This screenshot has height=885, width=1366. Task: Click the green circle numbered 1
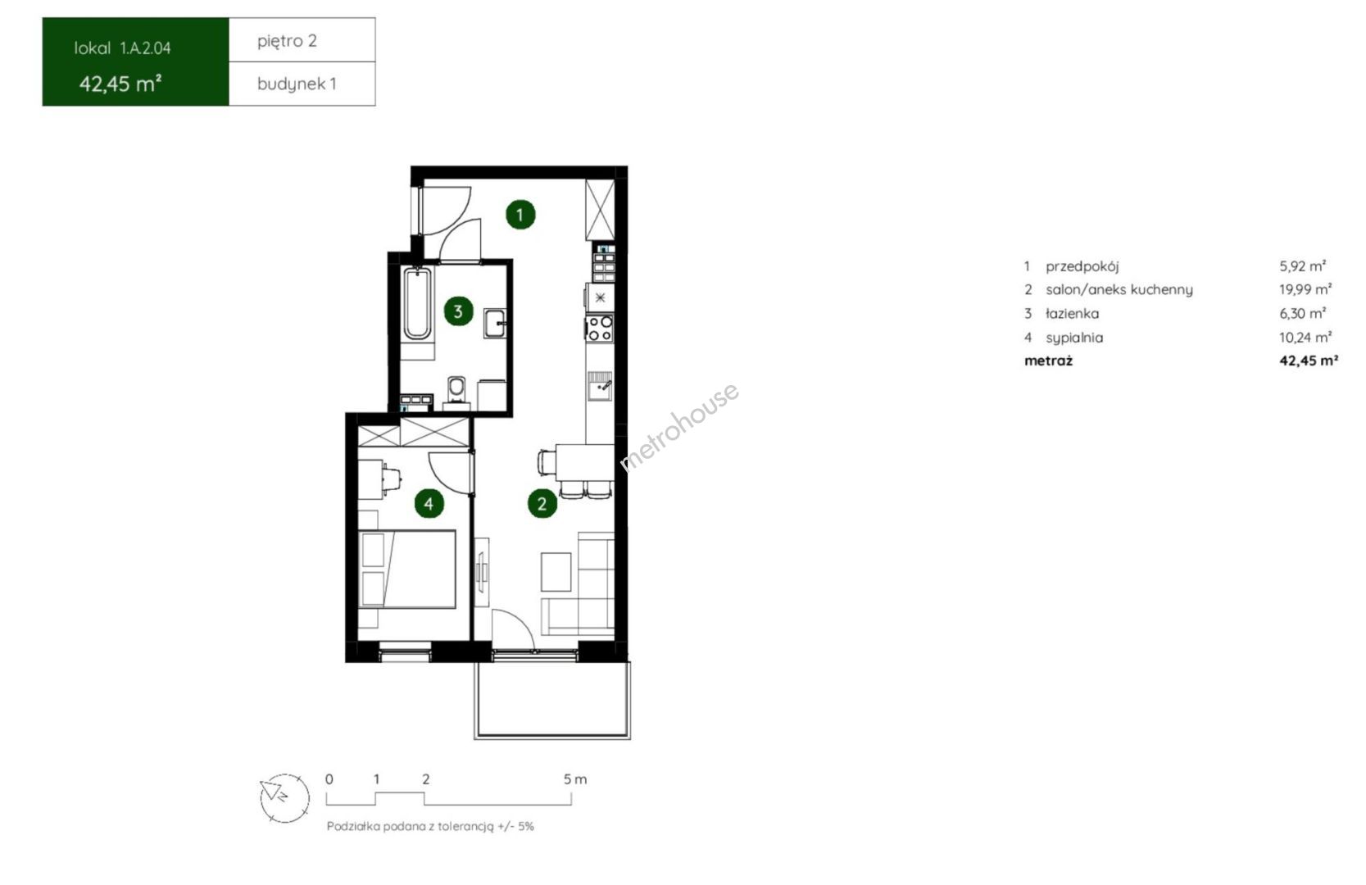click(x=520, y=215)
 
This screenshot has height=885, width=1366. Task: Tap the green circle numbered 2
click(x=542, y=503)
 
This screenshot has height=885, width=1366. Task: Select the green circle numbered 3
click(x=458, y=311)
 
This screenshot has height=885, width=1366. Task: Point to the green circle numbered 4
click(x=429, y=504)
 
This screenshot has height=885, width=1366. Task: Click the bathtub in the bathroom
click(x=417, y=303)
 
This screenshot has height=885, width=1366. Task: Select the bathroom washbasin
click(x=495, y=323)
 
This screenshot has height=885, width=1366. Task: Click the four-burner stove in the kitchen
click(x=600, y=328)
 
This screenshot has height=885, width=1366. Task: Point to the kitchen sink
click(x=600, y=386)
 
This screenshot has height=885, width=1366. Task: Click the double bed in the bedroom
click(x=407, y=569)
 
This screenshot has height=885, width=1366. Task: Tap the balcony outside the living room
click(x=552, y=700)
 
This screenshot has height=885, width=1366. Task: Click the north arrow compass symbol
click(x=284, y=798)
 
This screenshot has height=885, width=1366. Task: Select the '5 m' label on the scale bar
click(x=575, y=778)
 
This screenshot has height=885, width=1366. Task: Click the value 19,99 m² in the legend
click(x=1305, y=289)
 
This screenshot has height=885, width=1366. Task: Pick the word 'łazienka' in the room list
click(x=1072, y=314)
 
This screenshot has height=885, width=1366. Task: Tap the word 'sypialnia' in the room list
click(x=1074, y=338)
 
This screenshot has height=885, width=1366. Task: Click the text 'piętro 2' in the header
click(x=287, y=41)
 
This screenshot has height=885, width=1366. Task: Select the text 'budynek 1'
click(x=297, y=84)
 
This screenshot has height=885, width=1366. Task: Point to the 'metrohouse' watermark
click(x=678, y=426)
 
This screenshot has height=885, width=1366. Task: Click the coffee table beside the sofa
click(x=556, y=571)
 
